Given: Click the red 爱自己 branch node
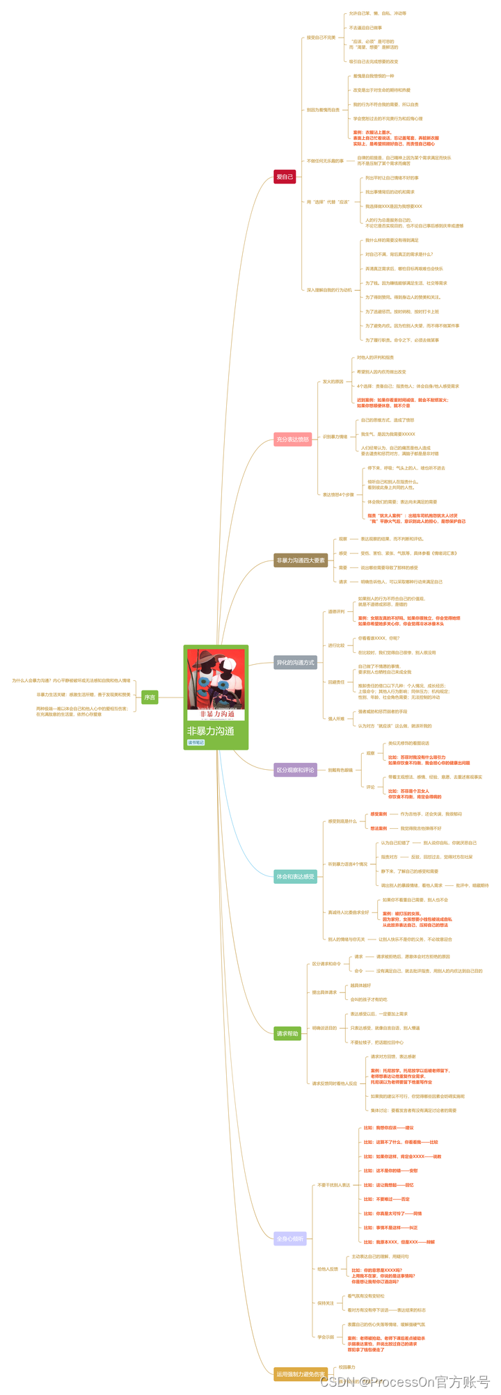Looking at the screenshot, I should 285,177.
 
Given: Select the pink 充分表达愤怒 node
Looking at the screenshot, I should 292,440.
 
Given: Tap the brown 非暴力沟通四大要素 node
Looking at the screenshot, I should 301,561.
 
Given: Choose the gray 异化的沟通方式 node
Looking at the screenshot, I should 296,663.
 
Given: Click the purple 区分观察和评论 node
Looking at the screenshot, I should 296,770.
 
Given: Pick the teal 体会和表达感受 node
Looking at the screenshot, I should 296,877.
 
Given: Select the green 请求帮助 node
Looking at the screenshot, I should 287,1033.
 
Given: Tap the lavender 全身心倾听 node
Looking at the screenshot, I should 290,1239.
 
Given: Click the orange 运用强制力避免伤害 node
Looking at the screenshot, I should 301,1374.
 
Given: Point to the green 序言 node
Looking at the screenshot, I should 150,697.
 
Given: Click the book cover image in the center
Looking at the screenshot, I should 216,685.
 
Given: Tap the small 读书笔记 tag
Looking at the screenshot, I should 196,743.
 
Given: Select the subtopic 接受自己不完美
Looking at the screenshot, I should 321,38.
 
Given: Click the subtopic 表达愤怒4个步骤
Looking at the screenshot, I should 338,494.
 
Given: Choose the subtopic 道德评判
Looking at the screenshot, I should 336,612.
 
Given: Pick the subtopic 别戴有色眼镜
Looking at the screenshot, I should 340,770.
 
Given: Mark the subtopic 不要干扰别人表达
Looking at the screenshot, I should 333,1185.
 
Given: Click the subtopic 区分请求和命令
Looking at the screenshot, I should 326,964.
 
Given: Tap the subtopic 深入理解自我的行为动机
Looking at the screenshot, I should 329,290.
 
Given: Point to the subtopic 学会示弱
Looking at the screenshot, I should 326,1337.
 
